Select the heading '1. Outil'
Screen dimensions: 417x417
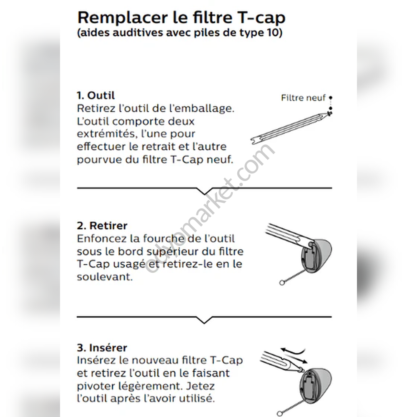[x=96, y=95]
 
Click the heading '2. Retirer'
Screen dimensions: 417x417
[x=102, y=226]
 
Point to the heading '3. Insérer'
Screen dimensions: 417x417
[x=102, y=348]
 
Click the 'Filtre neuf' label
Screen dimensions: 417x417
[x=303, y=98]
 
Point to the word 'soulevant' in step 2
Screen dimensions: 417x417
[x=105, y=277]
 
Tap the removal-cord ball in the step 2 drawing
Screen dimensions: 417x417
[x=282, y=283]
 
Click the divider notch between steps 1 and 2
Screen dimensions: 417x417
[x=204, y=191]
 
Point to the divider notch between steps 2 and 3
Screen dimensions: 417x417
[x=204, y=320]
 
